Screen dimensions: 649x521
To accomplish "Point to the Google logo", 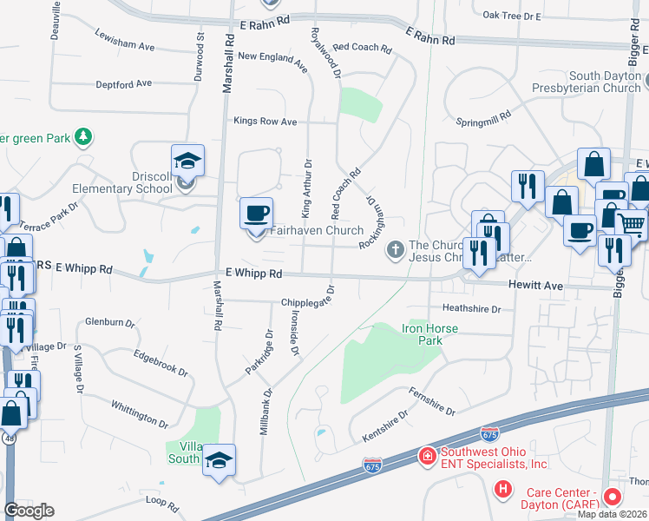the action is pyautogui.click(x=29, y=511).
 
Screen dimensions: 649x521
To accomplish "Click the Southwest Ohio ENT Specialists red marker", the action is pyautogui.click(x=426, y=455).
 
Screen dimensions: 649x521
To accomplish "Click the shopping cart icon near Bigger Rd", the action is pyautogui.click(x=631, y=225).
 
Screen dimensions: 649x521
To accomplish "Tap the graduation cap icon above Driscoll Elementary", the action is pyautogui.click(x=187, y=160).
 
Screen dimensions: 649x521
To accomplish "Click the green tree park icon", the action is pyautogui.click(x=83, y=137).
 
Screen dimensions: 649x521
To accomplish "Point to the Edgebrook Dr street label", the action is pyautogui.click(x=161, y=363).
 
